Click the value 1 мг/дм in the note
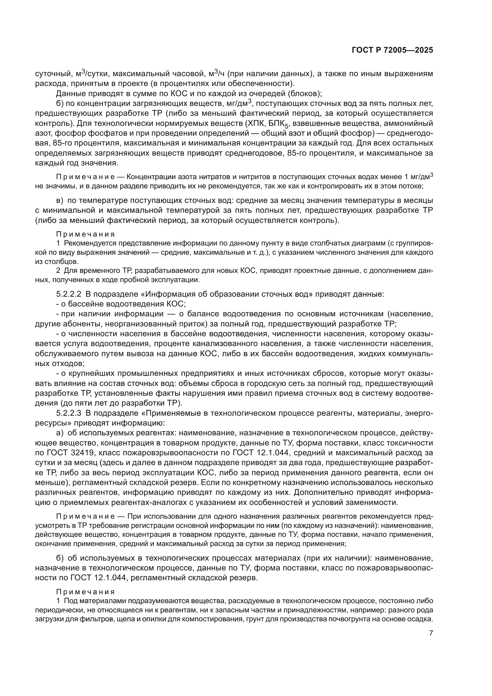pos(418,177)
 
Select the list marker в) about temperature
pos(60,200)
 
